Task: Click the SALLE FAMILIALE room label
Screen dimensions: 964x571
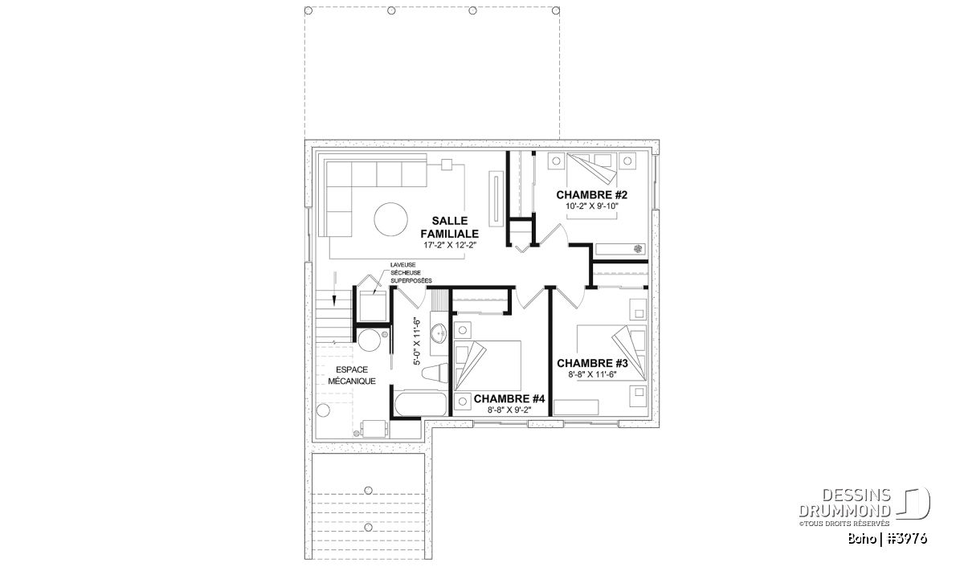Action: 449,227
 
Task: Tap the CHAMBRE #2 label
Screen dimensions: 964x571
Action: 592,195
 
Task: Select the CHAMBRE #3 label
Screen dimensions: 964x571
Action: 592,364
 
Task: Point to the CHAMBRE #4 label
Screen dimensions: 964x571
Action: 509,399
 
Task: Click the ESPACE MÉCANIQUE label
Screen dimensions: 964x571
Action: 352,375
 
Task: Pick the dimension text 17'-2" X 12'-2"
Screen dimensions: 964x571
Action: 450,245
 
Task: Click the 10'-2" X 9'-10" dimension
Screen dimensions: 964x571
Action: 592,206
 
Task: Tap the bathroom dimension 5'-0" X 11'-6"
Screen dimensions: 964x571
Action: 417,341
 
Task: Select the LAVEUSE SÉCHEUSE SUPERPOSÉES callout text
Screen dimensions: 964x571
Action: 411,273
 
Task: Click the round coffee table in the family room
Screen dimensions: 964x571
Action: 390,219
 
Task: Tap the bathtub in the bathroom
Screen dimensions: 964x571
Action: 421,404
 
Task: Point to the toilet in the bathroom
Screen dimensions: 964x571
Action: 435,373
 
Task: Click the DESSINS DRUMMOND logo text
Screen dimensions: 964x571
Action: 845,503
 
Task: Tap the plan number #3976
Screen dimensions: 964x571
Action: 905,539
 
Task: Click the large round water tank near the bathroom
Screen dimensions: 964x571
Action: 370,341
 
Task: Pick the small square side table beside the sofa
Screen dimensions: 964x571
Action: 447,165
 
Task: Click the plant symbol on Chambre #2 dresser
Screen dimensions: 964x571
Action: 638,248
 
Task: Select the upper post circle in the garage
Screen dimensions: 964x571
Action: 368,490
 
